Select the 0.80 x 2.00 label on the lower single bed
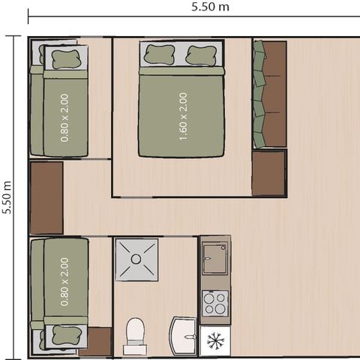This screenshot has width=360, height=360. pyautogui.click(x=64, y=282)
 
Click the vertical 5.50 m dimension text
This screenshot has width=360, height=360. pyautogui.click(x=7, y=197)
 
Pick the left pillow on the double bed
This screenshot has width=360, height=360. pyautogui.click(x=159, y=55)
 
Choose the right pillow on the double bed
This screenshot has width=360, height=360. pyautogui.click(x=201, y=55)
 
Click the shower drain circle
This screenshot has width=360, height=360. pyautogui.click(x=136, y=259)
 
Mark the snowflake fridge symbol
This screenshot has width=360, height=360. pyautogui.click(x=216, y=342)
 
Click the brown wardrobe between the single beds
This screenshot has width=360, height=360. pyautogui.click(x=46, y=197)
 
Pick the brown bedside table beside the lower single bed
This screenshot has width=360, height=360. pyautogui.click(x=96, y=342)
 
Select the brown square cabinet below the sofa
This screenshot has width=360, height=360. pyautogui.click(x=269, y=173)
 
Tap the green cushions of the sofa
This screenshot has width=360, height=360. pyautogui.click(x=259, y=94)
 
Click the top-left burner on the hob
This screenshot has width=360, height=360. pyautogui.click(x=209, y=298)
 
